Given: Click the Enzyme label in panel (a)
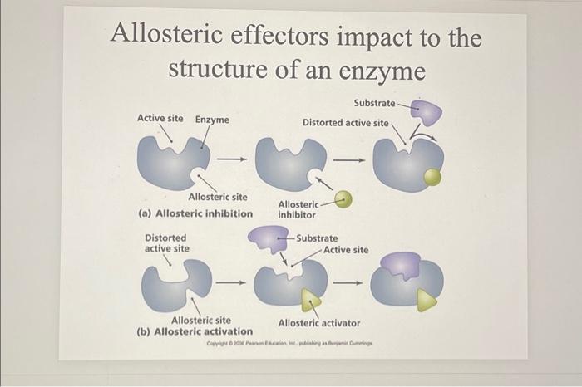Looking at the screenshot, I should coord(212,120).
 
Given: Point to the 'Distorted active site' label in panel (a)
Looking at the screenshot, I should coord(345,122).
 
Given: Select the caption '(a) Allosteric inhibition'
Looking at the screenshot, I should coord(195,213).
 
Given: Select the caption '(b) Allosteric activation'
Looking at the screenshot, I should coord(194,331).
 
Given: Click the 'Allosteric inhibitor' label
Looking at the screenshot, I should coord(298,209).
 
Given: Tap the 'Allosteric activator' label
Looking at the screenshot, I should coord(319,322).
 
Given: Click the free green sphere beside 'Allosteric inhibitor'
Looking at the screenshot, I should coord(344,199).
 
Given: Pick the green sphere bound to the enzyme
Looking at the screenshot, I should coord(432,176).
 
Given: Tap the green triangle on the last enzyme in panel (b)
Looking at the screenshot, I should coord(427,300).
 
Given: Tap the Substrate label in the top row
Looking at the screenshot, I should coord(374,103).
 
